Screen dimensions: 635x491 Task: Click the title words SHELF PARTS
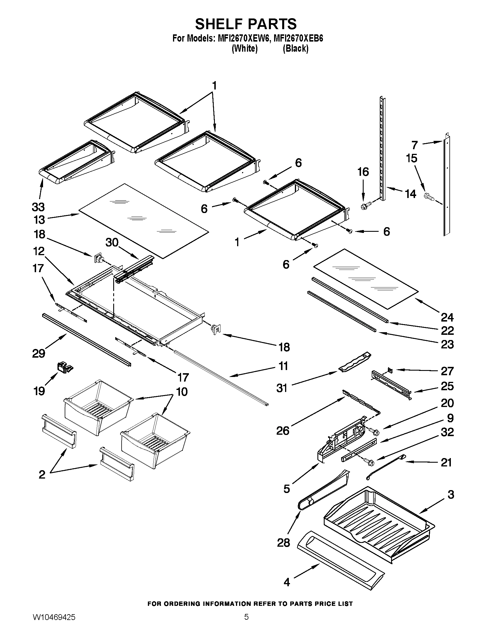coord(246,24)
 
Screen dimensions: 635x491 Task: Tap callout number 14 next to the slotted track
coord(410,194)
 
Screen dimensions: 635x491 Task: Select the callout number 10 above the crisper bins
coord(182,392)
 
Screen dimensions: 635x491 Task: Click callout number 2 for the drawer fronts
coord(42,475)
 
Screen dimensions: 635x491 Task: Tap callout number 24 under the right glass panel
coord(447,317)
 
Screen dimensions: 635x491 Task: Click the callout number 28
coord(284,542)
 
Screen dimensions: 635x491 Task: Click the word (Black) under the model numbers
coord(295,48)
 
